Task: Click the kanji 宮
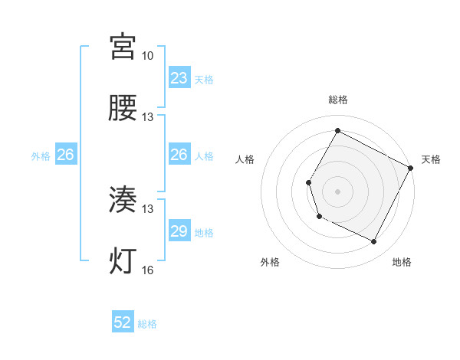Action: (x=123, y=47)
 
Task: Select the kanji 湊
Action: (x=123, y=201)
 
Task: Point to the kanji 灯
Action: (x=123, y=261)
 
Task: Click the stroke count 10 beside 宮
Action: (x=147, y=56)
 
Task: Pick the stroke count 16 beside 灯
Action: (x=147, y=270)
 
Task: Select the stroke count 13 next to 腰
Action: (x=147, y=117)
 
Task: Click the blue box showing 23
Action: (x=179, y=78)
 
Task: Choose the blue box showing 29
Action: (x=179, y=231)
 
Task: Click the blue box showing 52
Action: (x=123, y=323)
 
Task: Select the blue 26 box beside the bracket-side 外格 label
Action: (x=65, y=155)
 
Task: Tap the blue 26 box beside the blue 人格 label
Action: (x=179, y=155)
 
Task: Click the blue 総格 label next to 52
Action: (x=147, y=324)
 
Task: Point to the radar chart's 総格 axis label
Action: (x=337, y=100)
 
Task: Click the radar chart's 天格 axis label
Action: (x=431, y=159)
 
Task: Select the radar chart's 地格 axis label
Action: (x=402, y=262)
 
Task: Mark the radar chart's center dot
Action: (x=337, y=191)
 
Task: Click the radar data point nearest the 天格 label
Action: (x=411, y=167)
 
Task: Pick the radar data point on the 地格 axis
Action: (x=374, y=242)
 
